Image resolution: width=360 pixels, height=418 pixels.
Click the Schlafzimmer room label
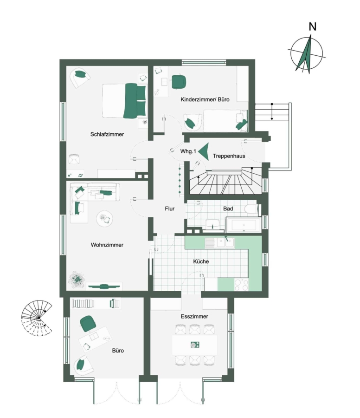(x=107, y=134)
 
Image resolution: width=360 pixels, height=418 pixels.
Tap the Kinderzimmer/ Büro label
(x=205, y=99)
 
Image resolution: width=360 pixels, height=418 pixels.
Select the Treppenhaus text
(x=229, y=156)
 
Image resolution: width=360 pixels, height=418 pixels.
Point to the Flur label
(x=170, y=209)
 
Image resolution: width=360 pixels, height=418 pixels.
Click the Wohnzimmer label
(x=107, y=245)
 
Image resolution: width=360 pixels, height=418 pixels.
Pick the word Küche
(x=201, y=261)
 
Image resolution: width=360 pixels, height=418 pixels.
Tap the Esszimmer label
(x=194, y=316)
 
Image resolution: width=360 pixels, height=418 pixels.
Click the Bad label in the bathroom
(x=228, y=209)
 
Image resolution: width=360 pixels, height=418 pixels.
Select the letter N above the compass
(x=313, y=26)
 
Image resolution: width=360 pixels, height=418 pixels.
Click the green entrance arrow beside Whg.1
(x=204, y=151)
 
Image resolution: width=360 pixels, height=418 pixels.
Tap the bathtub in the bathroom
(x=244, y=225)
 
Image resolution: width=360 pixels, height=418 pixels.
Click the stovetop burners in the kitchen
(x=241, y=285)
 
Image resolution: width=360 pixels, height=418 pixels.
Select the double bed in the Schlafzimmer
(x=125, y=100)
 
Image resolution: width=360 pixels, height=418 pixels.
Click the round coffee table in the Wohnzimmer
(x=104, y=219)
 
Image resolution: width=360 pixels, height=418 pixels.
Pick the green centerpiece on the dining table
(x=195, y=345)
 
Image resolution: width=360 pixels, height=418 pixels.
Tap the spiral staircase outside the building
(x=37, y=318)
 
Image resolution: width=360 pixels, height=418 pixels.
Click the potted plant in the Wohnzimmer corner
(x=77, y=280)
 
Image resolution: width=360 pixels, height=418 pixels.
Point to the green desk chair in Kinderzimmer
(x=179, y=82)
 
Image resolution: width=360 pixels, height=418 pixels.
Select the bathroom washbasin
(x=212, y=224)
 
